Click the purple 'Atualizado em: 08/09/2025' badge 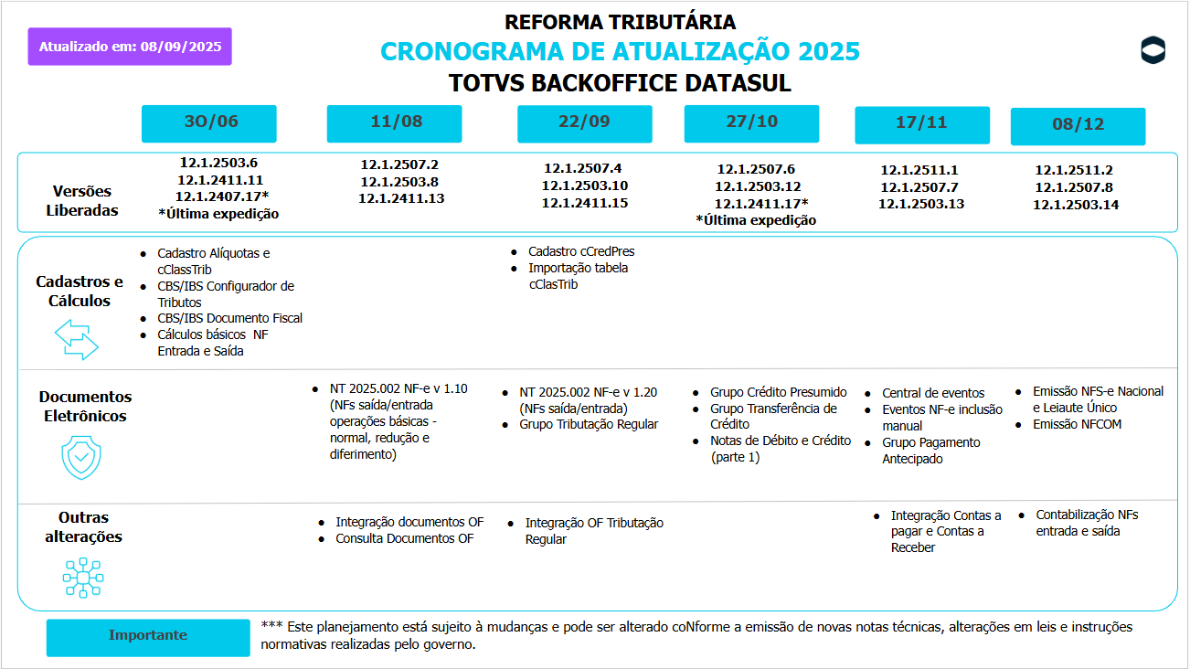point(130,47)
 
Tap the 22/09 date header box point(584,124)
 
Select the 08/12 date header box point(1078,126)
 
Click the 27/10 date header point(751,123)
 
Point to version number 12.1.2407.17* point(222,196)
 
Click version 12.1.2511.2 point(1074,170)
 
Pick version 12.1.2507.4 point(583,168)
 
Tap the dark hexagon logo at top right point(1153,50)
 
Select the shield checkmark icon point(81,458)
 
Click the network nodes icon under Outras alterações point(82,578)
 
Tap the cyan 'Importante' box point(148,636)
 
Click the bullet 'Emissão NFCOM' point(1077,424)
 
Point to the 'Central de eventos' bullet point(933,393)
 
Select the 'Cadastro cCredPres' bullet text point(581,251)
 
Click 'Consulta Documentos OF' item point(405,538)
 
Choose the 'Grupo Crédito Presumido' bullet point(778,392)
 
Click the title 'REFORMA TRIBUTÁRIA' point(620,22)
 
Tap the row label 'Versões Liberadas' point(81,201)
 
